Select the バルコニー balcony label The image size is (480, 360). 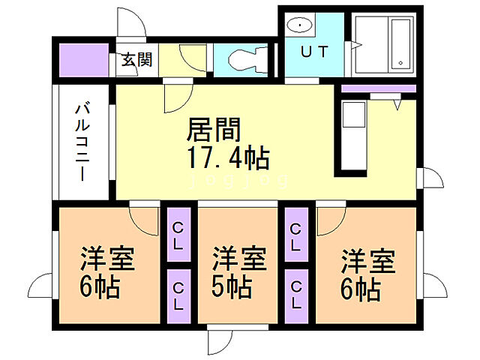80,142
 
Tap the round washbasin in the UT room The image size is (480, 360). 301,25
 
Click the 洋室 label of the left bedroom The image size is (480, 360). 107,260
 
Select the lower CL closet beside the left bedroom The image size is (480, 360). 178,294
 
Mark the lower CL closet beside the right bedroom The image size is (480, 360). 296,294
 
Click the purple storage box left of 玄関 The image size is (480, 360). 83,61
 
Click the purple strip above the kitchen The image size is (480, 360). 379,88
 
